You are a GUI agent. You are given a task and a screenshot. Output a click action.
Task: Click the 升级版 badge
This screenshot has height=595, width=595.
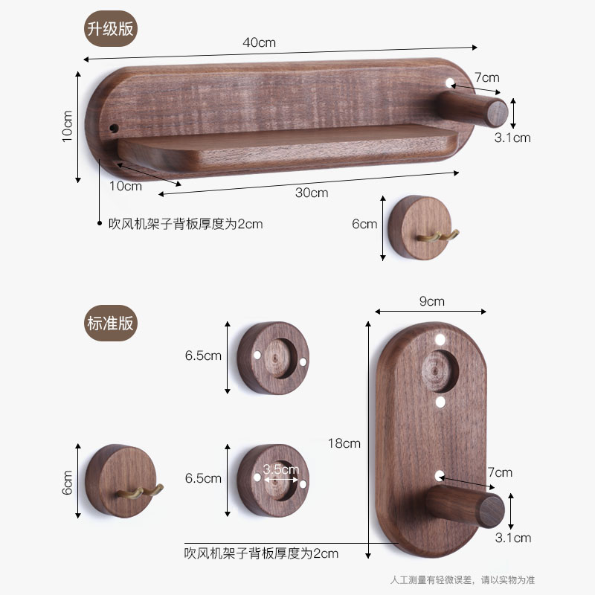click(112, 30)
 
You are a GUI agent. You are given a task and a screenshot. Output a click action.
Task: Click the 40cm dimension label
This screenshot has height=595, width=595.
click(259, 42)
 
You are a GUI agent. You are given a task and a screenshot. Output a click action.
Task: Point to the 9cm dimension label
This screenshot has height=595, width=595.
click(431, 301)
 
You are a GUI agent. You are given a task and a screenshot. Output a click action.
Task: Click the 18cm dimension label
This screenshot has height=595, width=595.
click(344, 443)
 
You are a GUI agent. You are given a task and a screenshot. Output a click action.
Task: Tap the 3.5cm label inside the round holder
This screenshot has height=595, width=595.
click(280, 469)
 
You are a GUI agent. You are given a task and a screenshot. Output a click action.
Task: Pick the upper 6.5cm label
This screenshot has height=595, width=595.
click(203, 356)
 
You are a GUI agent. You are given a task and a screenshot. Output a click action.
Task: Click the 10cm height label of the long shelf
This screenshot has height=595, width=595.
click(67, 126)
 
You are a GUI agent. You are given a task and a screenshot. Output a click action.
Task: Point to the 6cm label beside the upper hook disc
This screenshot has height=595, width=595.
click(365, 224)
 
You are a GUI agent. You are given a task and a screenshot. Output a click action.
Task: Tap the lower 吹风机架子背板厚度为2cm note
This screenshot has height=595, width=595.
click(261, 553)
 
